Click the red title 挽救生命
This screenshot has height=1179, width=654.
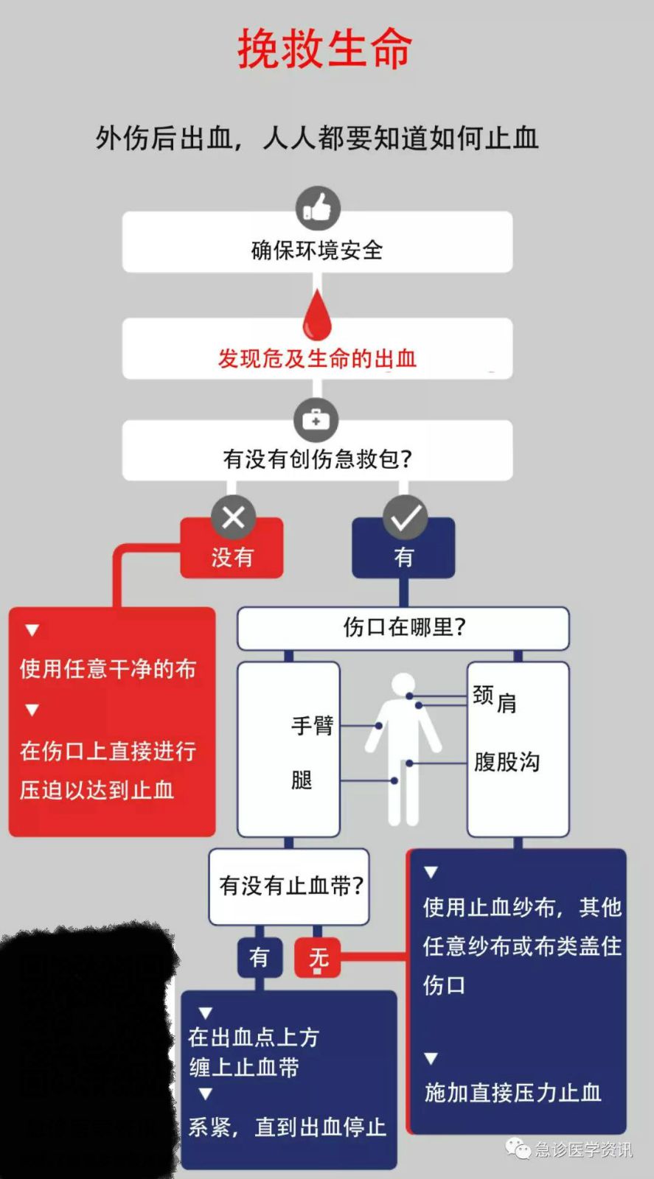(x=324, y=49)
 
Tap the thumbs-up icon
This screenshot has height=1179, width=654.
(x=318, y=208)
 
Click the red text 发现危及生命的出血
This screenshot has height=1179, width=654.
(x=318, y=358)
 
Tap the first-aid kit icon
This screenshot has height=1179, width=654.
(x=316, y=419)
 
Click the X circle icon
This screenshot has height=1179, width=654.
(x=233, y=517)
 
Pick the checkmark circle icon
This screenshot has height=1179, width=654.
(x=405, y=517)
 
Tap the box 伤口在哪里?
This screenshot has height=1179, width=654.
(x=403, y=629)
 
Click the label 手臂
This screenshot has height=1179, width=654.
(x=313, y=725)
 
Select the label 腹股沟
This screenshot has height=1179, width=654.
(x=507, y=762)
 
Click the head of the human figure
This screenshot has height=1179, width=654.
(x=404, y=685)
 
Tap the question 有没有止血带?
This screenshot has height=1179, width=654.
(x=291, y=886)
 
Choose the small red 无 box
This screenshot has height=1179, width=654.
(x=318, y=957)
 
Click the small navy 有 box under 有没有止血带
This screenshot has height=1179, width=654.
(x=259, y=957)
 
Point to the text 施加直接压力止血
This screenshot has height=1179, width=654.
(x=513, y=1093)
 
